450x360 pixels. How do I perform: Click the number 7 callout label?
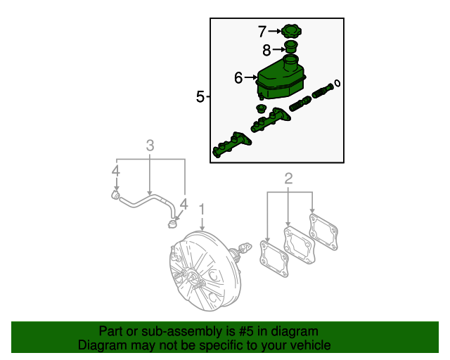coord(262,32)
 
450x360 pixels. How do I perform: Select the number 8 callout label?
coord(266,50)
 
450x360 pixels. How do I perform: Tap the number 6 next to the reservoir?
coord(238,78)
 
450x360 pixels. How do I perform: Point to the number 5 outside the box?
coord(200,97)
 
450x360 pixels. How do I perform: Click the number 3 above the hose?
coord(150,146)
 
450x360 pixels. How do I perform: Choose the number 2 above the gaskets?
coord(288,179)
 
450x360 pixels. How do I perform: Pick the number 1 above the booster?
coord(202,209)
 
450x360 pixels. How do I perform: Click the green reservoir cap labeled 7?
coord(290,32)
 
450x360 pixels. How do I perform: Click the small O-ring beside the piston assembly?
coord(338,84)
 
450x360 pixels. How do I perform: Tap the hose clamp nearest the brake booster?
coord(170,224)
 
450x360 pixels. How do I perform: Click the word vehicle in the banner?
coord(310,345)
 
